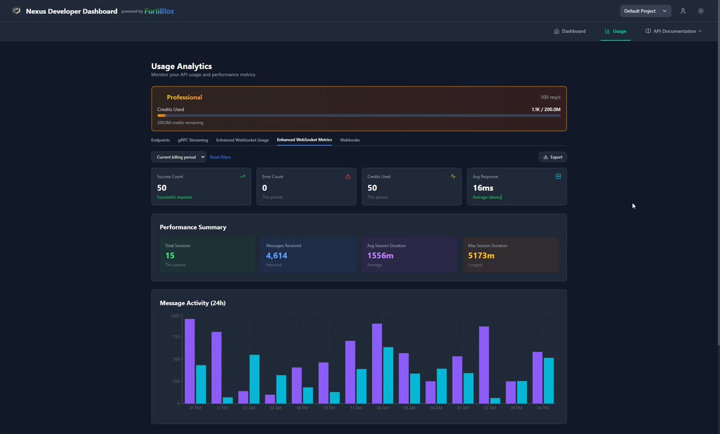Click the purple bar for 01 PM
(190, 361)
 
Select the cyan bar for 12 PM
(228, 400)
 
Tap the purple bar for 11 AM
(350, 372)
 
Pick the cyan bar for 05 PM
(334, 397)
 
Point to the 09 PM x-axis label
(516, 408)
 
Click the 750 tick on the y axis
(175, 337)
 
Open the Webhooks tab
(350, 140)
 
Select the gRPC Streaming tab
(193, 140)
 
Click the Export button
(552, 157)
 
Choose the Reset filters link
(220, 157)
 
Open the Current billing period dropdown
(178, 157)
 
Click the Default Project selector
(646, 11)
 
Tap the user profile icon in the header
(683, 11)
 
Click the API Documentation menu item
(674, 31)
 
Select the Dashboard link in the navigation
(569, 31)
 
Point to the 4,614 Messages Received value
(277, 256)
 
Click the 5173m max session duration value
(482, 256)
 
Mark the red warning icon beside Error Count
(348, 176)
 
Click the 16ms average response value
(483, 188)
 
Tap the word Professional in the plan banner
(184, 97)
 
